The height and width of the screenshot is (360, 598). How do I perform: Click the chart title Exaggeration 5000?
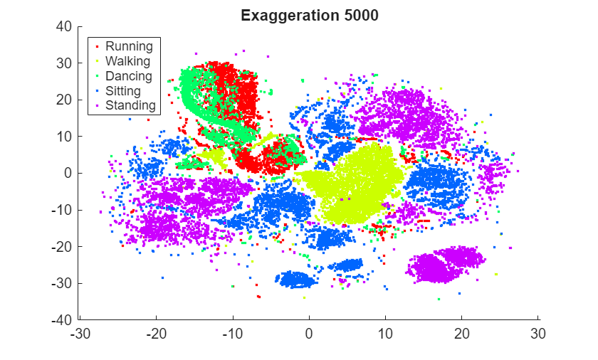pos(309,15)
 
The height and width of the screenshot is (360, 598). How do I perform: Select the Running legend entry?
pos(129,46)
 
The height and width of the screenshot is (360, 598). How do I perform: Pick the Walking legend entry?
pos(127,61)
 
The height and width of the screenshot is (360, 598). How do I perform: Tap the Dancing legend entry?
pos(129,76)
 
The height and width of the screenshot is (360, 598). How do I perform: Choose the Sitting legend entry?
pos(123,91)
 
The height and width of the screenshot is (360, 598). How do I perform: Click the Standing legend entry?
pos(130,106)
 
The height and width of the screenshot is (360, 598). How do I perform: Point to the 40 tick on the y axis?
pos(65,26)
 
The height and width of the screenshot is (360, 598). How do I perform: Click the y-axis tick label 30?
pos(65,63)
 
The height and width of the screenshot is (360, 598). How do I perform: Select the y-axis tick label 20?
pos(65,100)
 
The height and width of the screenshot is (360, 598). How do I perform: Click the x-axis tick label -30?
pos(80,333)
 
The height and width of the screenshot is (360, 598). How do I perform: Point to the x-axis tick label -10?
pos(233,333)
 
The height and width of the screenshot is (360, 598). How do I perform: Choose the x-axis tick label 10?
pos(386,333)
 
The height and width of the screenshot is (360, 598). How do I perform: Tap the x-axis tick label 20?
pos(462,333)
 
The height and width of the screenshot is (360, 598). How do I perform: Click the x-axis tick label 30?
pos(538,333)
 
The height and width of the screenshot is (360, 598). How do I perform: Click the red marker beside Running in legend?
pos(97,47)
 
